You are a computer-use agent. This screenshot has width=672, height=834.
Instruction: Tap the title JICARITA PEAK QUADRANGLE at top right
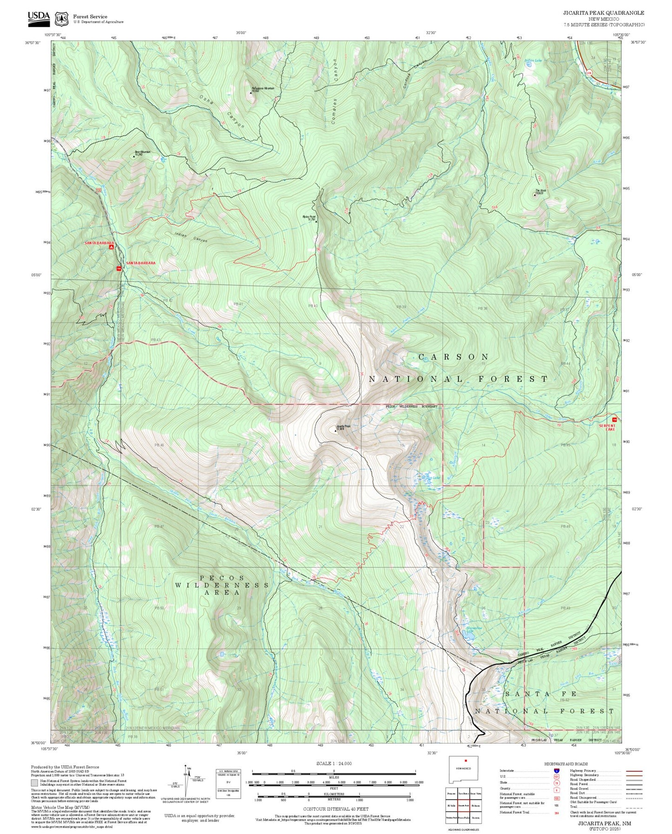(604, 13)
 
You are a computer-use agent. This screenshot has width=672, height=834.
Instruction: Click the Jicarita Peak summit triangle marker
(335, 430)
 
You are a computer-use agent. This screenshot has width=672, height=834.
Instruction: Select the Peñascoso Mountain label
(263, 89)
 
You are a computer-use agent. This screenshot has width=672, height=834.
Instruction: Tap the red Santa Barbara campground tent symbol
(111, 247)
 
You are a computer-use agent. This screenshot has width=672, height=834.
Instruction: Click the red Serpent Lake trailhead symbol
(614, 420)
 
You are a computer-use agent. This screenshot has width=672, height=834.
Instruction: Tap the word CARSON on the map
(453, 357)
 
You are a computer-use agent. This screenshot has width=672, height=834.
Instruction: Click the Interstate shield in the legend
(556, 771)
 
